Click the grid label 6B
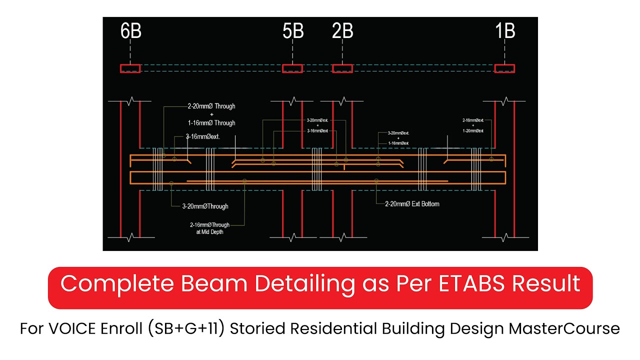tap(130, 31)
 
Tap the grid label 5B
tap(293, 31)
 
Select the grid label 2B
tap(342, 31)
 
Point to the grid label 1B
tap(505, 31)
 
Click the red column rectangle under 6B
tap(130, 68)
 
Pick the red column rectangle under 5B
tap(292, 68)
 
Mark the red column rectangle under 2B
tap(342, 68)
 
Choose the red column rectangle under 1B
tap(504, 68)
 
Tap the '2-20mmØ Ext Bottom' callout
tap(412, 204)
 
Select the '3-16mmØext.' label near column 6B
tap(203, 136)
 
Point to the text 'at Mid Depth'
tap(209, 232)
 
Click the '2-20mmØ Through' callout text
tap(211, 106)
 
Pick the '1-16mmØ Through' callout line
tap(211, 122)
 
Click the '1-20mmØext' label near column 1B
tap(473, 130)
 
